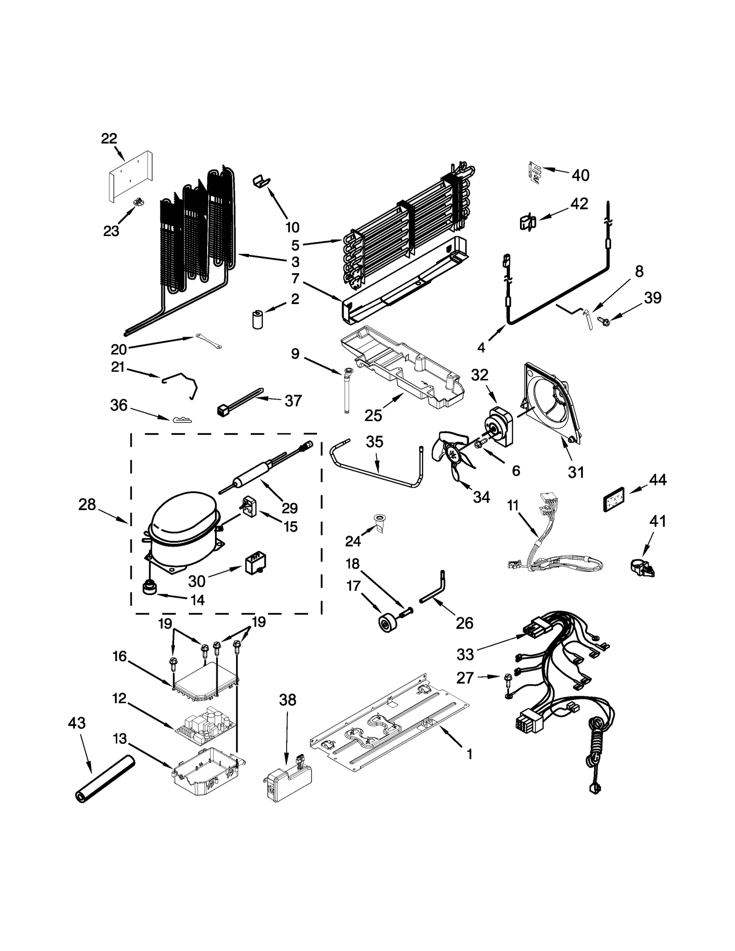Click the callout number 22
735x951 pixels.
[109, 138]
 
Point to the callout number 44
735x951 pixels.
[657, 480]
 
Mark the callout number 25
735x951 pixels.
[373, 416]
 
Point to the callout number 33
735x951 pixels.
[465, 654]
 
